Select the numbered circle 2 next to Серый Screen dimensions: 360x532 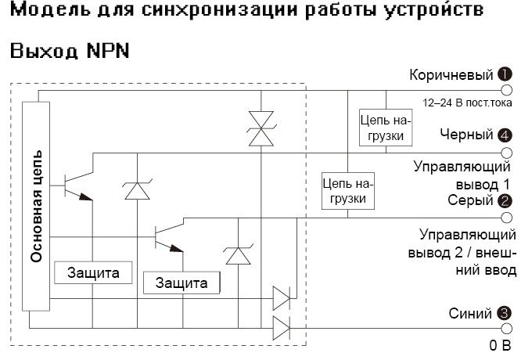[x=505, y=200]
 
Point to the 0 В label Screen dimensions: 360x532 [x=500, y=344]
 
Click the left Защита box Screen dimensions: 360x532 [x=92, y=273]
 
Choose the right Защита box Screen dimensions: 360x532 [x=182, y=283]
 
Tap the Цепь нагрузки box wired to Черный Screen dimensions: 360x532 [x=383, y=128]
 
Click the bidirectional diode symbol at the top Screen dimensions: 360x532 [x=256, y=128]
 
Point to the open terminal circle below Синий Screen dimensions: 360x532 [x=505, y=329]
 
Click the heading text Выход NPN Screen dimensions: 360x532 [x=69, y=51]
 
